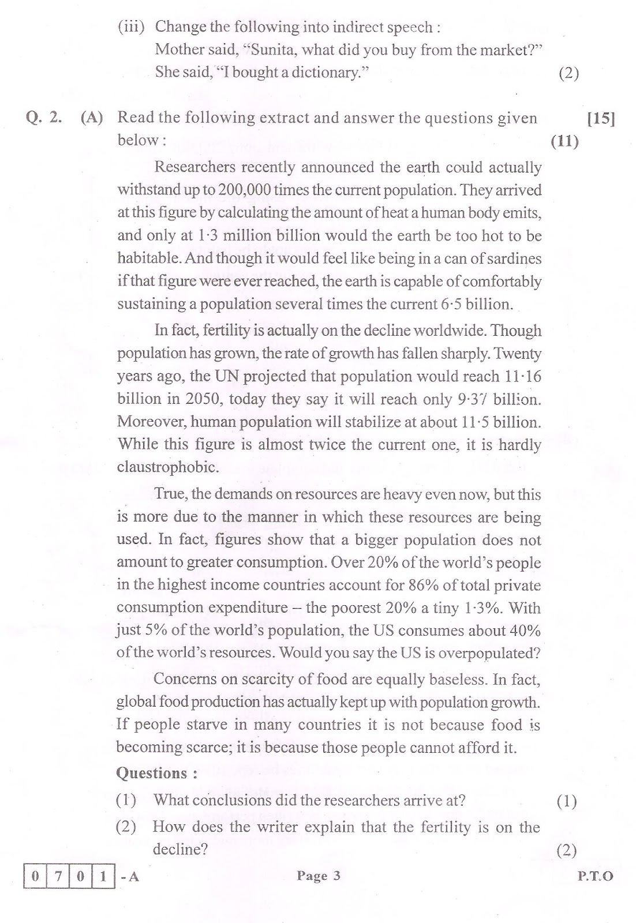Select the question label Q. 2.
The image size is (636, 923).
click(44, 118)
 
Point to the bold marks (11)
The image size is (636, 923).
click(564, 141)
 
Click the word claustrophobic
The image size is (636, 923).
click(160, 467)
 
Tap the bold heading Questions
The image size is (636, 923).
click(152, 773)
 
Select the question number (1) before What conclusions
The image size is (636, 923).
click(126, 800)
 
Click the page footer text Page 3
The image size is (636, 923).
click(319, 876)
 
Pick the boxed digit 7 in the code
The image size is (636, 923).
click(58, 877)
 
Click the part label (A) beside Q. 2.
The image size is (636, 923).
click(92, 118)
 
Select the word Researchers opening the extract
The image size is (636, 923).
click(193, 167)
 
